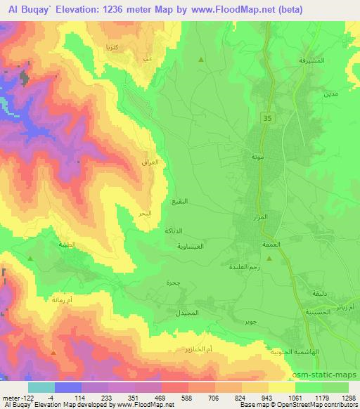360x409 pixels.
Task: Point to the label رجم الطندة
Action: (x=244, y=266)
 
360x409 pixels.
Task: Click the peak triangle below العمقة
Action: (x=288, y=259)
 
